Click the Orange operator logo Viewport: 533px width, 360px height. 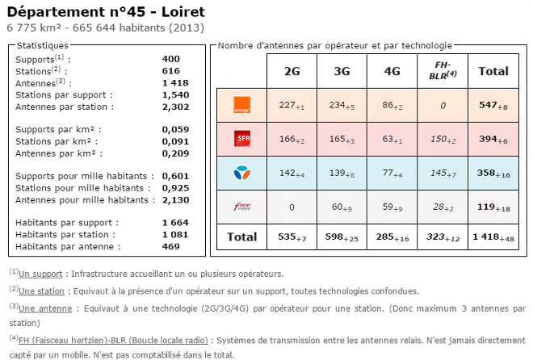pos(241,105)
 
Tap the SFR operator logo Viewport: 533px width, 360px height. pos(241,139)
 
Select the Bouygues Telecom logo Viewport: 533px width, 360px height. pos(241,173)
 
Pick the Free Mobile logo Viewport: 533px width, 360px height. pos(241,207)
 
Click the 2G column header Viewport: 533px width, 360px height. pos(292,71)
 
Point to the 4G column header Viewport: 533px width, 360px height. pos(392,71)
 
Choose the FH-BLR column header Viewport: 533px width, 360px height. pos(443,70)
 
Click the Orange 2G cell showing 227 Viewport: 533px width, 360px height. pos(292,106)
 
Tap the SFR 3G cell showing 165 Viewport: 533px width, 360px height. pos(342,140)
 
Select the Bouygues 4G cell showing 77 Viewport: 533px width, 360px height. pos(392,174)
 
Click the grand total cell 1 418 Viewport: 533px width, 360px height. pos(493,237)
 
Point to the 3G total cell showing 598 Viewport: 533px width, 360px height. pos(342,237)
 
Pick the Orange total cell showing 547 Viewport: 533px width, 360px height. pos(493,106)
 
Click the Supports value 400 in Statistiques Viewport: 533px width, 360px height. pos(171,59)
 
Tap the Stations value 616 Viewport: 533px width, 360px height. pos(171,71)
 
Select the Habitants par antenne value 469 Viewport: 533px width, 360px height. pos(171,246)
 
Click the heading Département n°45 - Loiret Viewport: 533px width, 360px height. pos(106,11)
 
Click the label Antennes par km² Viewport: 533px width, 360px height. pos(56,153)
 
